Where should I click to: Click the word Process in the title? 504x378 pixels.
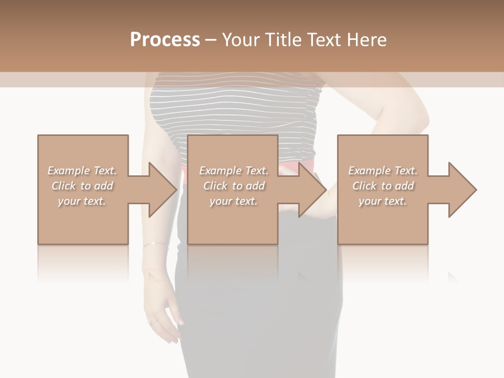[x=165, y=39]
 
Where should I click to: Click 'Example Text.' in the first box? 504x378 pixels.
[x=82, y=171]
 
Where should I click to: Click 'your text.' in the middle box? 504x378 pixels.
[x=233, y=201]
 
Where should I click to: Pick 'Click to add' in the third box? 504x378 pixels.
[x=383, y=186]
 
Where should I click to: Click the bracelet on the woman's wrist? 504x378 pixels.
[x=154, y=244]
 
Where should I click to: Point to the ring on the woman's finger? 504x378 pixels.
[x=152, y=322]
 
